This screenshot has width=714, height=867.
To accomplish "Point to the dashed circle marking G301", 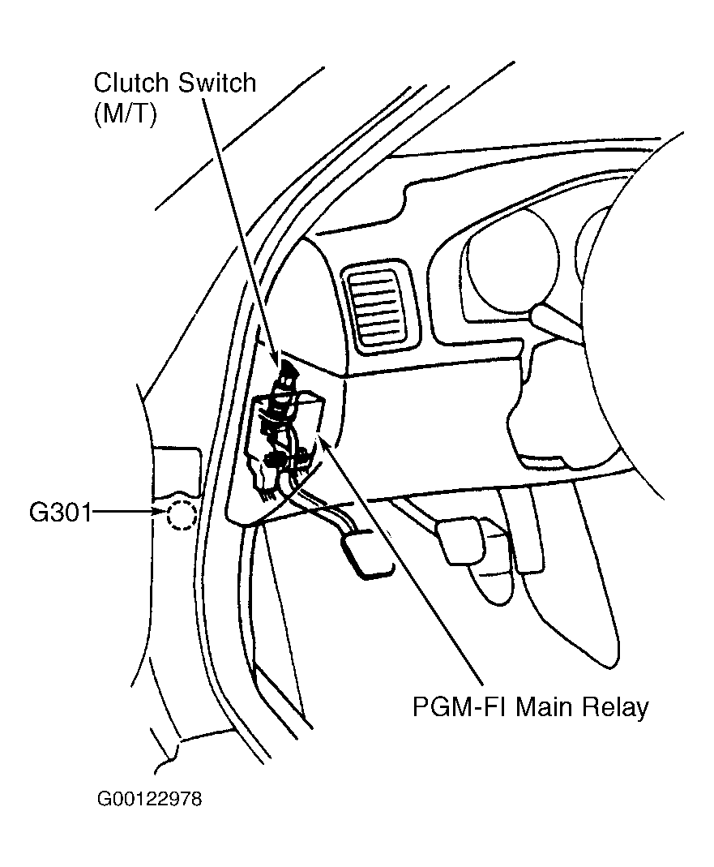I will (x=181, y=515).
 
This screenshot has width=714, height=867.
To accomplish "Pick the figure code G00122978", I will (x=149, y=800).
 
